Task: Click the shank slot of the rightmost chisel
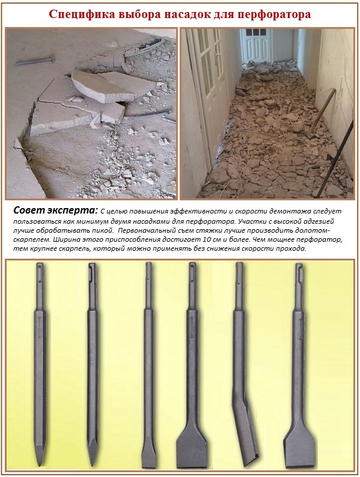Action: [298, 274]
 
